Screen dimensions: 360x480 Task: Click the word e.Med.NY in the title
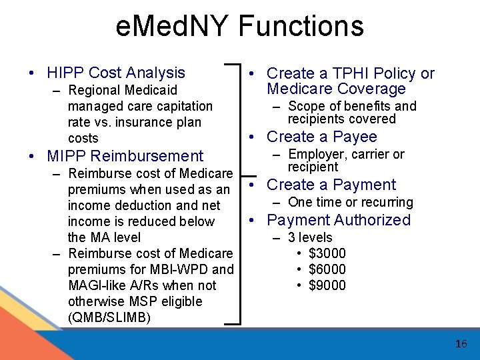[x=171, y=26]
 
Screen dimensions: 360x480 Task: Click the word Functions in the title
[x=301, y=26]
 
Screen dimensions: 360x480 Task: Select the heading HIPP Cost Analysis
[x=116, y=73]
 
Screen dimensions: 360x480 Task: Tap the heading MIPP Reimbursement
[x=125, y=156]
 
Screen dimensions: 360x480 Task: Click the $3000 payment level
[x=327, y=253]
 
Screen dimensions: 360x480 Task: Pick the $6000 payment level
[x=327, y=269]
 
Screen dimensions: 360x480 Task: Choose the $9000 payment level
[x=327, y=285]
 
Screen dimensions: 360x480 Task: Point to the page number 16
[x=461, y=344]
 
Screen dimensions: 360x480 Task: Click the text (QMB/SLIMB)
[x=109, y=317]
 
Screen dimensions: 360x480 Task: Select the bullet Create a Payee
[x=321, y=137]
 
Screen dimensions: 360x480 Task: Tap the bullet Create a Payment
[x=331, y=185]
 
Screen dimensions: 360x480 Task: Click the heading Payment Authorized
[x=339, y=220]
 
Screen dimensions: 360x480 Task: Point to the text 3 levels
[x=310, y=237]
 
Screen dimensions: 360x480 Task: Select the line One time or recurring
[x=350, y=202]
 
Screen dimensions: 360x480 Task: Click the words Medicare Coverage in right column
[x=336, y=89]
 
